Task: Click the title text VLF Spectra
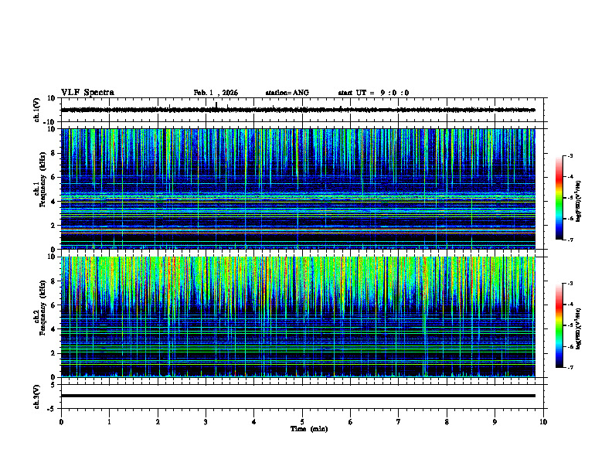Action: click(x=87, y=93)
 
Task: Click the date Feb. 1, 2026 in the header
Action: click(x=216, y=93)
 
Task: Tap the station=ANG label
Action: click(x=287, y=93)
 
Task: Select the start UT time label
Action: click(x=373, y=93)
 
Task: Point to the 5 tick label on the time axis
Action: click(x=302, y=421)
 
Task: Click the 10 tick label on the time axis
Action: click(x=543, y=421)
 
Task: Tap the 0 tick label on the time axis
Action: click(x=61, y=421)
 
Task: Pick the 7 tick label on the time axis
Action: click(x=399, y=421)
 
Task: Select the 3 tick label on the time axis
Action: click(x=206, y=421)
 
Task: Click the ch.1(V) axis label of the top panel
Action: click(x=36, y=110)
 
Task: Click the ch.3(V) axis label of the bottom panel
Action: click(x=36, y=395)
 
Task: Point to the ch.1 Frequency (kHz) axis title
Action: click(x=39, y=189)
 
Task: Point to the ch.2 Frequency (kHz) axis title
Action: click(x=39, y=316)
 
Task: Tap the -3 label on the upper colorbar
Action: click(x=570, y=157)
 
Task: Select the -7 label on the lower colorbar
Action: click(x=570, y=367)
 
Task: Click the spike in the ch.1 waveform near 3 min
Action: click(x=216, y=104)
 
